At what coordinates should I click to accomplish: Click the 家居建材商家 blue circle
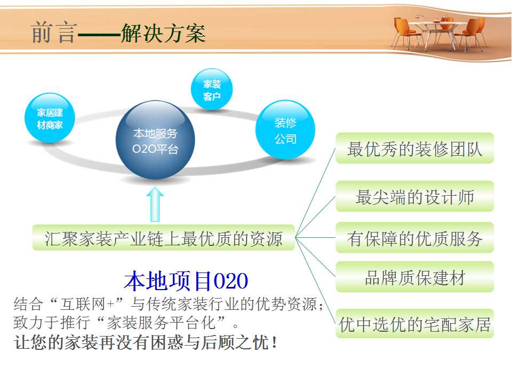[x=50, y=118]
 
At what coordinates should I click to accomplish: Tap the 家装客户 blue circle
[x=212, y=90]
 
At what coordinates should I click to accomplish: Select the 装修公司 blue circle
[x=285, y=130]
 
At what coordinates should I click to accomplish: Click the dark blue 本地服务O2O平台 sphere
[x=155, y=140]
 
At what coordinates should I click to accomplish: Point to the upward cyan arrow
[x=155, y=204]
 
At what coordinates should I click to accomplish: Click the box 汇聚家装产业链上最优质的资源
[x=164, y=238]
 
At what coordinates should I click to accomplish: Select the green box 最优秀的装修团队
[x=415, y=148]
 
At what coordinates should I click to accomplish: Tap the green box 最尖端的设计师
[x=415, y=196]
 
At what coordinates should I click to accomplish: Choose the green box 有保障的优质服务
[x=415, y=238]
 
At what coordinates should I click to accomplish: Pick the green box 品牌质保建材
[x=415, y=277]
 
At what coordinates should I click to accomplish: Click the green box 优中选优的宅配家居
[x=415, y=324]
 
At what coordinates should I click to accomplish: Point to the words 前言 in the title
[x=54, y=33]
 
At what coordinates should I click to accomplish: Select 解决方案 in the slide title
[x=163, y=33]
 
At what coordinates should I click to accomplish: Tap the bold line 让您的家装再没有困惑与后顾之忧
[x=146, y=342]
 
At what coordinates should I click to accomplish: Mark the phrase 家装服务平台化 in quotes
[x=162, y=323]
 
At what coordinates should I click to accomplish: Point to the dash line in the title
[x=99, y=34]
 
